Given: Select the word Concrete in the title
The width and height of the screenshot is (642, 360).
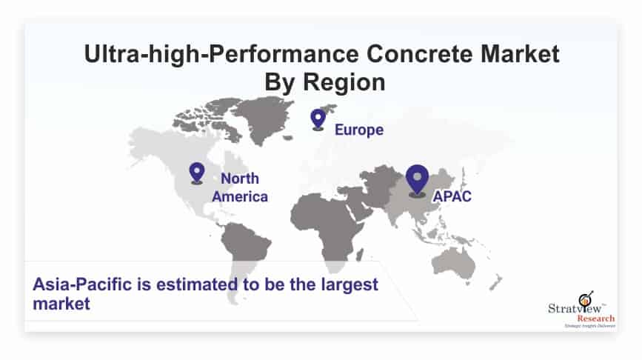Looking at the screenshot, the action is coord(420,54).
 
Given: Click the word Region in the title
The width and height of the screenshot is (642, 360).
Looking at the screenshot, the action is coord(344,83).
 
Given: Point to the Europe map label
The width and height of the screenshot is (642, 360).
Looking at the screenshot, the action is coord(359,130).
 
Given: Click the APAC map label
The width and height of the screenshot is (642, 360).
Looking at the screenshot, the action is coord(452,196).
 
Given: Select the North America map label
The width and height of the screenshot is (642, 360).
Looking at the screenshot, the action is coord(240,187).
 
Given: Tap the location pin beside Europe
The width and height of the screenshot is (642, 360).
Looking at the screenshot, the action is coord(318,120).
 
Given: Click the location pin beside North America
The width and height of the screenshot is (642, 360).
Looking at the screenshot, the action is coord(197,173).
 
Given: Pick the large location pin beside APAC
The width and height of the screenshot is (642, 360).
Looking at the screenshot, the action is coord(417,181).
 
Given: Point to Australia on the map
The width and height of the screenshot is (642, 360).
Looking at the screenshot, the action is coord(454,261).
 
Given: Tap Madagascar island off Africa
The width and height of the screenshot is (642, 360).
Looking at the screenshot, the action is coord(359,255).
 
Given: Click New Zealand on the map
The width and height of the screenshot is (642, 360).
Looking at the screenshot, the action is coord(495,282).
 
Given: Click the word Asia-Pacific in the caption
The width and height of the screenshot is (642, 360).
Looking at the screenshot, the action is coord(82,284).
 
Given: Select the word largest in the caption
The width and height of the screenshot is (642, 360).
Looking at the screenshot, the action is coord(350,285).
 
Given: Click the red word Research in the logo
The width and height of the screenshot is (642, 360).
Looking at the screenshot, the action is coord(596,319).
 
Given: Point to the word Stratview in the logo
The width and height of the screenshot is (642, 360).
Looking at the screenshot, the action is coord(575,308).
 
